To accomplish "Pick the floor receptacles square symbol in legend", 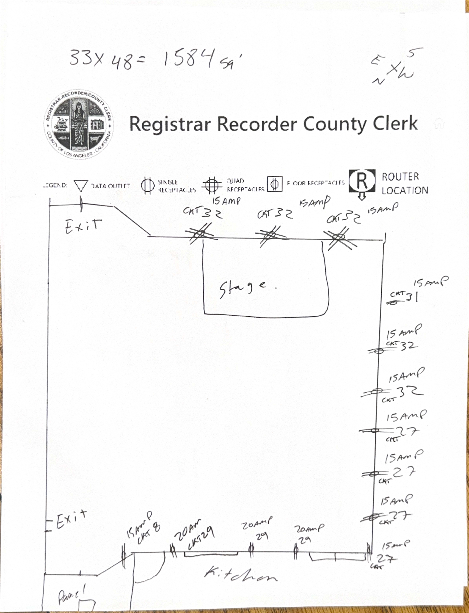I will click(x=275, y=184).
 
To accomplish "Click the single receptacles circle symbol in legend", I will click(x=148, y=185).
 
